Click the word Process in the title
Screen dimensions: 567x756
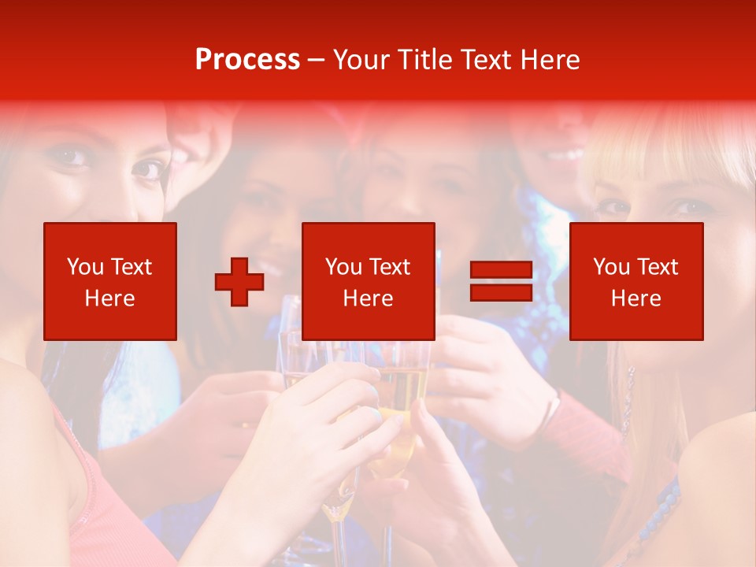coord(247,60)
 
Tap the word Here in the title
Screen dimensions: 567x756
coord(550,60)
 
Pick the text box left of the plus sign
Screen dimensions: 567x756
coord(110,281)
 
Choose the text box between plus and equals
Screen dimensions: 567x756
coord(369,281)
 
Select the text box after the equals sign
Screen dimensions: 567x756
coord(636,281)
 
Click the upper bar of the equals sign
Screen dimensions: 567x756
coord(501,270)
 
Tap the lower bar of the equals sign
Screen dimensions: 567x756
coord(501,293)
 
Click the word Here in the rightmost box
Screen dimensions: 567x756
coord(636,298)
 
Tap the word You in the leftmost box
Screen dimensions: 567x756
coord(85,267)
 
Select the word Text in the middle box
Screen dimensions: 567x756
coord(390,267)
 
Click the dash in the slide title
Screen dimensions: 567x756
coord(317,60)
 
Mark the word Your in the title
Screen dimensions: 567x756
coord(361,60)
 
